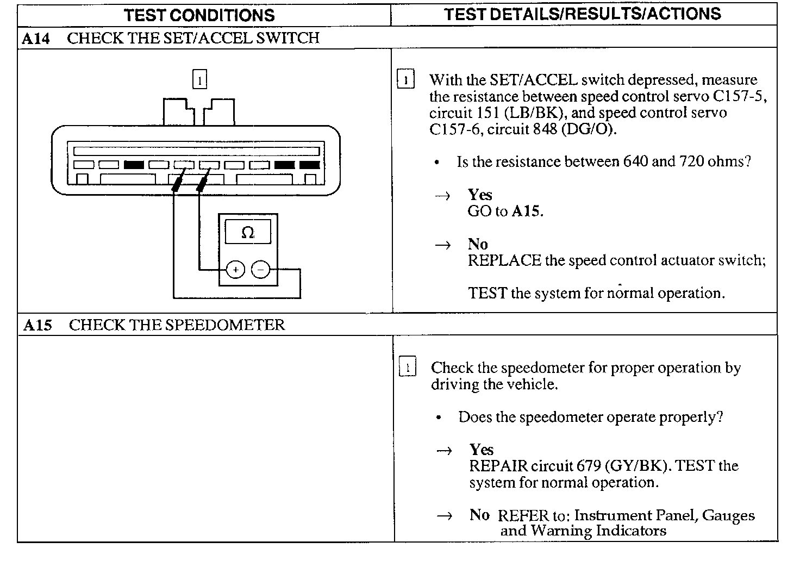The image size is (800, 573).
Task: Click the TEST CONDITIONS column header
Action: pos(199,15)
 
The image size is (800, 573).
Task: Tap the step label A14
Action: pos(36,39)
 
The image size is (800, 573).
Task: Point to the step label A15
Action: pos(37,326)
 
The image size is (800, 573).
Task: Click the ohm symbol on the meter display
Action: pos(247,233)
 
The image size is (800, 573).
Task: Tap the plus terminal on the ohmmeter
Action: pos(235,269)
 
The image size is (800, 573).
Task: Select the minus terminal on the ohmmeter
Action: pos(261,269)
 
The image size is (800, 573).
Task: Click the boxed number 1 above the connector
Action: pos(199,81)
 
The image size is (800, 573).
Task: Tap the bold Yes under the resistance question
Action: pos(480,195)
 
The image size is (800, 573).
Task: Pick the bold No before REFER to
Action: pos(479,515)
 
